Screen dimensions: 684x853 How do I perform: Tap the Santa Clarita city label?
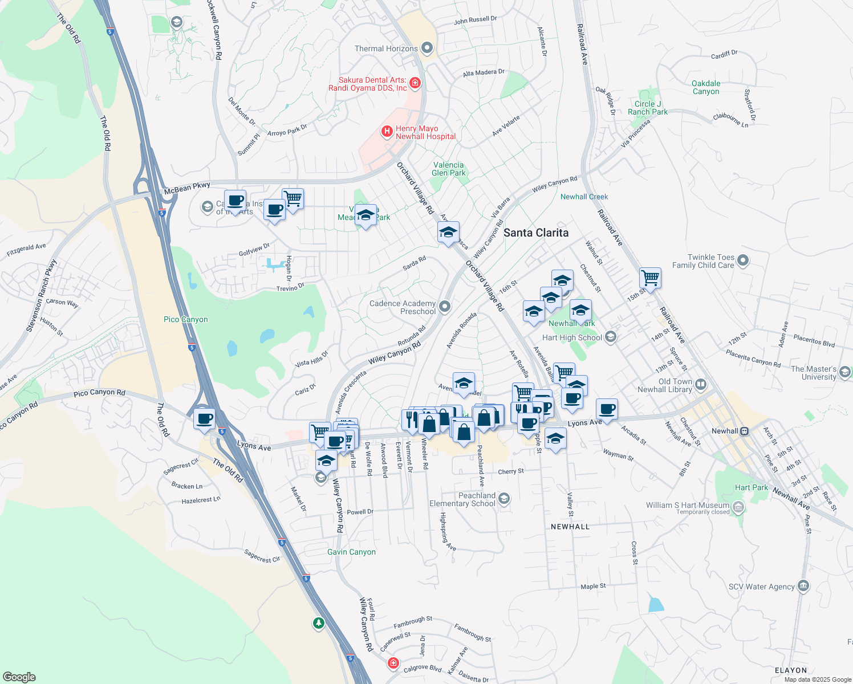click(x=535, y=233)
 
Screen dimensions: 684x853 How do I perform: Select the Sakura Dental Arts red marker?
click(x=415, y=83)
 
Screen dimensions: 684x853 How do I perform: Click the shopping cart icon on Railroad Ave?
click(x=650, y=278)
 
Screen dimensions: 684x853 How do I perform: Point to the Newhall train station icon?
click(x=744, y=431)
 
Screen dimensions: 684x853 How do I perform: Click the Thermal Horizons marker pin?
click(x=427, y=48)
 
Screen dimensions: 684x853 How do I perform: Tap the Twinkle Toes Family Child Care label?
click(x=703, y=261)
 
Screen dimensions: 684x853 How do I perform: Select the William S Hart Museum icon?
click(x=738, y=506)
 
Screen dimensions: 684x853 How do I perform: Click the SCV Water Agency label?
click(x=761, y=587)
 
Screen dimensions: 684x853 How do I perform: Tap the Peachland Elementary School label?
click(x=462, y=499)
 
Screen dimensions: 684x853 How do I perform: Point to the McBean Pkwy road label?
click(x=187, y=189)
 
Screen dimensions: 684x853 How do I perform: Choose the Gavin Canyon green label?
click(x=351, y=552)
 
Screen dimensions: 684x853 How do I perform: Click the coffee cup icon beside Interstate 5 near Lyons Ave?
click(x=204, y=419)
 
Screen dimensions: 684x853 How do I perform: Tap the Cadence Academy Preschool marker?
click(x=445, y=307)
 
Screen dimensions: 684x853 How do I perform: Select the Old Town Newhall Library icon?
click(x=701, y=385)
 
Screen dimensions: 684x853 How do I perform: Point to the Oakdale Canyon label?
click(x=706, y=87)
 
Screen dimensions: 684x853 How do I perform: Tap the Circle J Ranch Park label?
click(x=647, y=108)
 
